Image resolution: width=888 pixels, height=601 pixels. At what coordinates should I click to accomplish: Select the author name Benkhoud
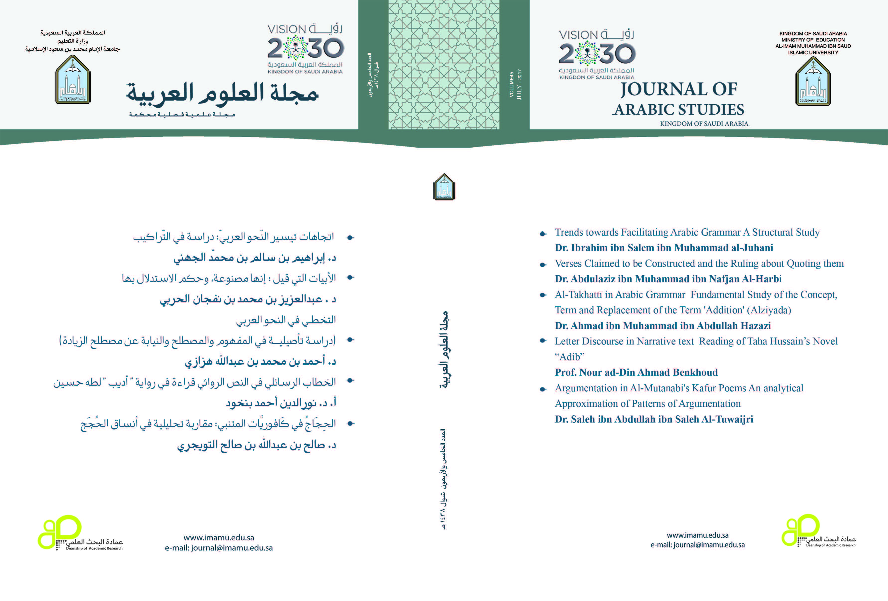coord(695,372)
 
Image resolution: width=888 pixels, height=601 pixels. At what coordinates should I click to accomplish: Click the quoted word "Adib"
coord(569,357)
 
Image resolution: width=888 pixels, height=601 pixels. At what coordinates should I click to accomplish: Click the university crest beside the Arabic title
coord(73,80)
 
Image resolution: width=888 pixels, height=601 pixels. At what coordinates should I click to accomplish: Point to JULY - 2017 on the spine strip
coord(519,85)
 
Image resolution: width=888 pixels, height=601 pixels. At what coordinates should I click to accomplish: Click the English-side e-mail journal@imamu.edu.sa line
coord(697,545)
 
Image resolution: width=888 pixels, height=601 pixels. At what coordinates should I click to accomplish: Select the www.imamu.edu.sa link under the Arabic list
coord(219,538)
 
